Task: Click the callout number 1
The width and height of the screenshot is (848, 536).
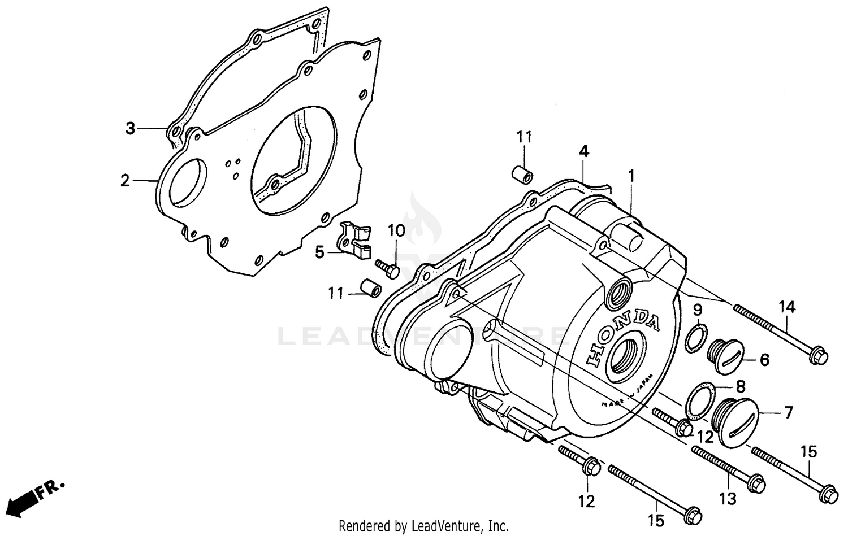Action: [x=631, y=176]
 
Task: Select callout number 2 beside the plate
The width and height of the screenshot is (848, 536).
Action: [x=125, y=181]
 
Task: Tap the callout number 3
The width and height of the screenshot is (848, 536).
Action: [x=131, y=129]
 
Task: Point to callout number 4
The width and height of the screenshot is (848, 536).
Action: [x=583, y=151]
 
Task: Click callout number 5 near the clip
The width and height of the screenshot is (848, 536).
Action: [x=320, y=252]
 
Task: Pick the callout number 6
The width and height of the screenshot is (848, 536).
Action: [x=764, y=359]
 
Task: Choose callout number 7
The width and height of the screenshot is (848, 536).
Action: [x=788, y=412]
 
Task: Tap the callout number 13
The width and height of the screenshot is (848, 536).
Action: [x=728, y=498]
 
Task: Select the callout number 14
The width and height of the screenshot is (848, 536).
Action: [x=787, y=307]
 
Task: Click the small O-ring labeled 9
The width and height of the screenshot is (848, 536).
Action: [x=695, y=337]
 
